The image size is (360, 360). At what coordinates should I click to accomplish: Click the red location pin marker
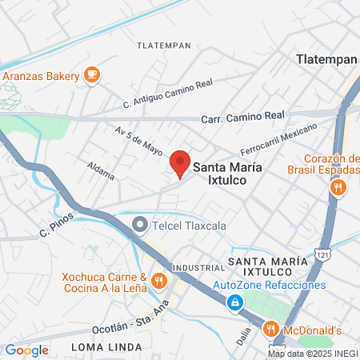click(x=180, y=162)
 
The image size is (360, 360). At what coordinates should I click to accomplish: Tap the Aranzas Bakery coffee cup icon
click(x=91, y=75)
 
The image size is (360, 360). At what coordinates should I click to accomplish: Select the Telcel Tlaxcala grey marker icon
click(x=140, y=225)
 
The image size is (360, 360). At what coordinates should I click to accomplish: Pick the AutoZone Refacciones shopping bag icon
click(x=235, y=302)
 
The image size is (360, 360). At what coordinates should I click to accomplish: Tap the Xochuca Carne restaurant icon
click(x=158, y=282)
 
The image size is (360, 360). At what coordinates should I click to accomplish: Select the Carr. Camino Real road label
click(x=244, y=116)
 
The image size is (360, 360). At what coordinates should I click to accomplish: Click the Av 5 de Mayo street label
click(x=138, y=140)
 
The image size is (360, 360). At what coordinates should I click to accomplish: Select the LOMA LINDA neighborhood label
click(x=106, y=347)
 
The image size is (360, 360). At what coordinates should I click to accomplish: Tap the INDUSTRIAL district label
click(x=193, y=266)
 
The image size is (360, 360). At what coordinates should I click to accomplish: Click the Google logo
click(x=26, y=350)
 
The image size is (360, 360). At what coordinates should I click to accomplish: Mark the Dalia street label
click(x=244, y=336)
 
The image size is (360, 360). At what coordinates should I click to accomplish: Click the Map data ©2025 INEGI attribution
click(x=312, y=354)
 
